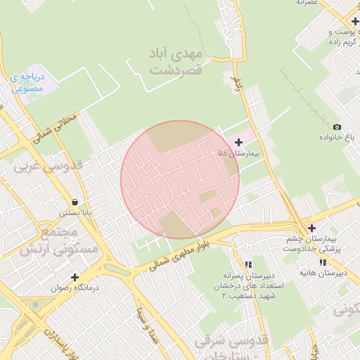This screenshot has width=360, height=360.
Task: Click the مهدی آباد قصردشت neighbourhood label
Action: point(175,62)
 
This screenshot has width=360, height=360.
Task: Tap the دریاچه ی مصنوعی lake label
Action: point(27,83)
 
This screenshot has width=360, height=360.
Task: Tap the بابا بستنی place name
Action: point(75,212)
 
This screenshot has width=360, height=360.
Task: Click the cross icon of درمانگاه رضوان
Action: point(75,277)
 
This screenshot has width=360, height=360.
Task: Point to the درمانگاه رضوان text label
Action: point(73,288)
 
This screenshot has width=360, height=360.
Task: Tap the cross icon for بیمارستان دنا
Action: point(238,142)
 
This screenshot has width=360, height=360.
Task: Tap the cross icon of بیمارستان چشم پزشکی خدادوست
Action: point(311,228)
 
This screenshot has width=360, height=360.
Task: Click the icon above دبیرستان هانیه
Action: point(323,262)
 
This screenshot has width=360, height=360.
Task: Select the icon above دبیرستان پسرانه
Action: point(247,264)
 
